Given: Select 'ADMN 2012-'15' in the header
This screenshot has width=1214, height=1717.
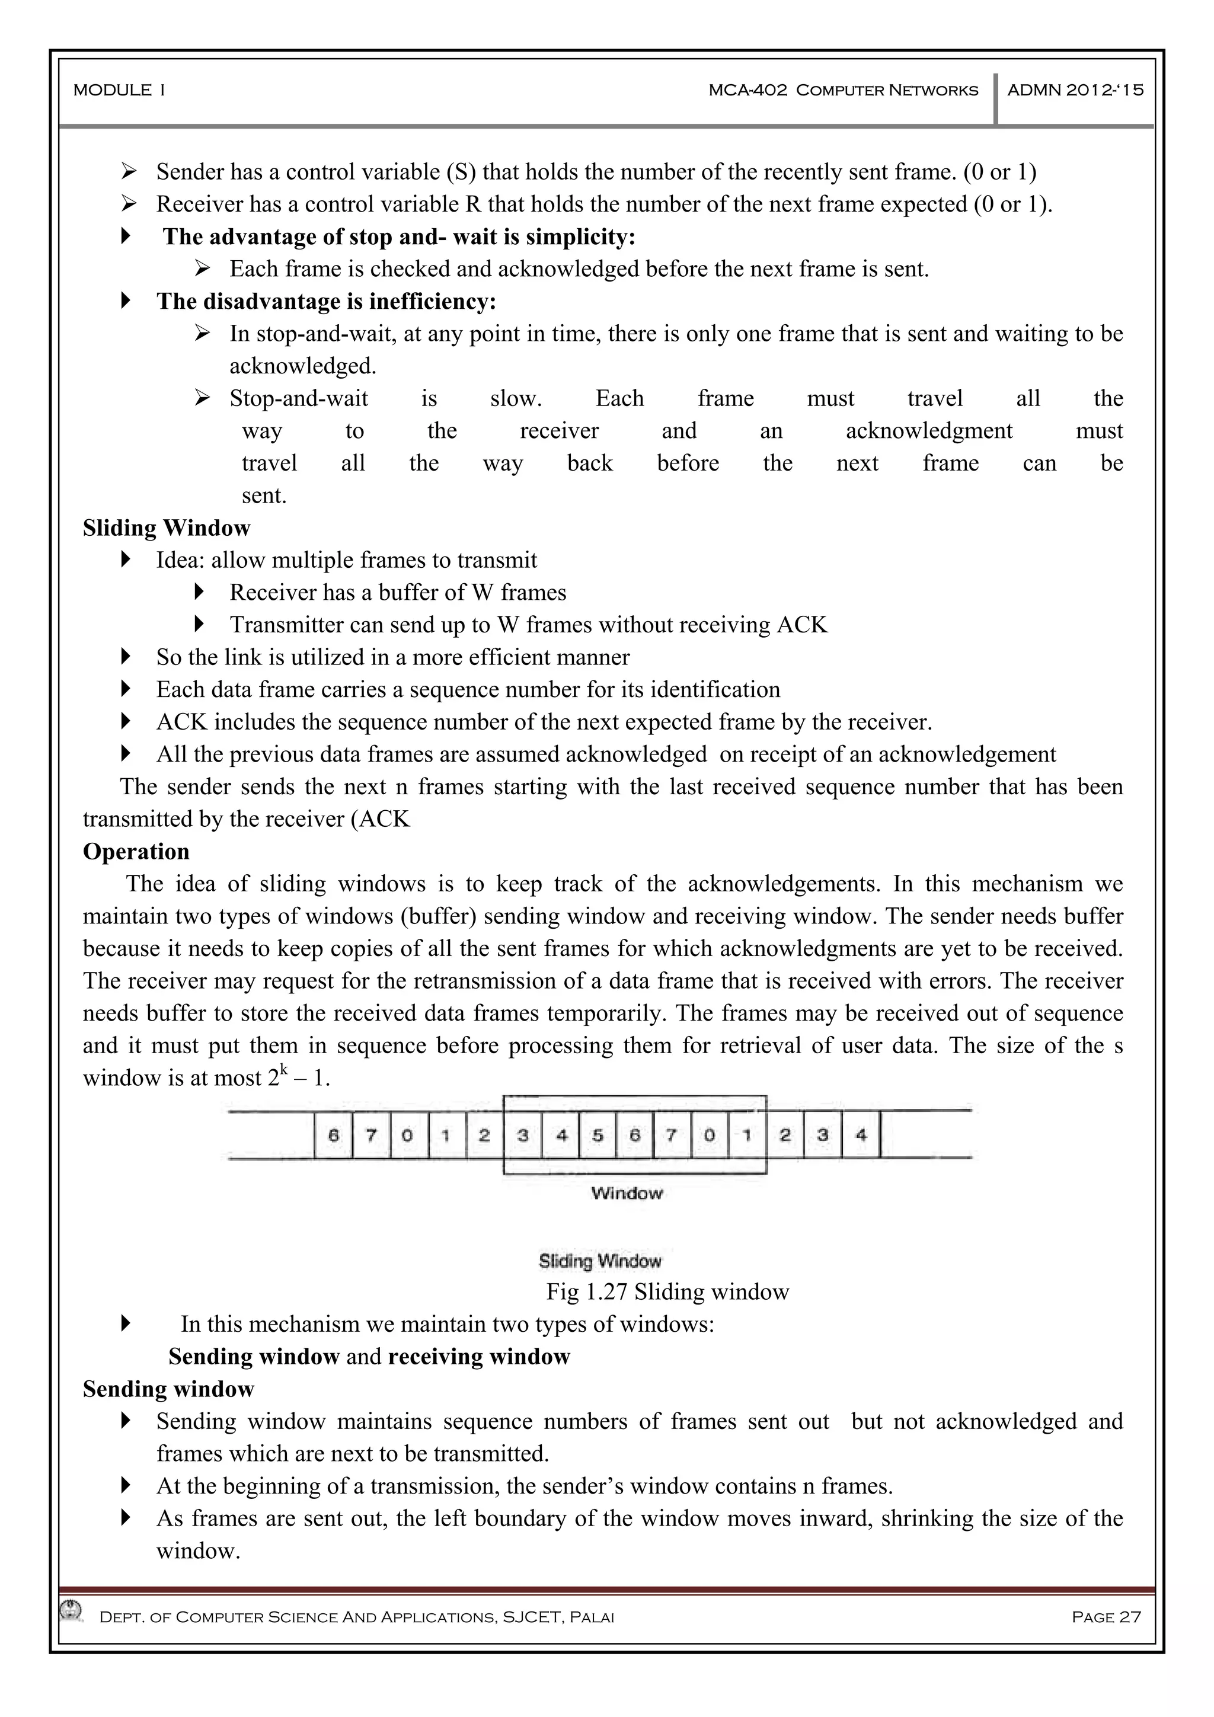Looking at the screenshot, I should click(1075, 91).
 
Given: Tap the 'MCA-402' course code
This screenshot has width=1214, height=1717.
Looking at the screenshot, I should click(747, 91).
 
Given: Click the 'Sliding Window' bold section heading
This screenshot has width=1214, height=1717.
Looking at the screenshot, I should click(166, 528).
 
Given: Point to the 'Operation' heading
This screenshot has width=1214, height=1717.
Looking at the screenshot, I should click(136, 851).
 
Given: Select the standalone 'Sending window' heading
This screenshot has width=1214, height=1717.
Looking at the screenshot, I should click(168, 1389).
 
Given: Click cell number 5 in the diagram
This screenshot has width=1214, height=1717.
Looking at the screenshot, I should click(597, 1135).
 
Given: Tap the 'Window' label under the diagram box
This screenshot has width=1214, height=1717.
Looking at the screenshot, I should click(627, 1194).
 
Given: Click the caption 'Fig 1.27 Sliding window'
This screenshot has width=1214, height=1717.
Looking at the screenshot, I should click(667, 1291).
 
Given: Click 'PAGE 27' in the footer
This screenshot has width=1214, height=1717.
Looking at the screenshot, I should click(1106, 1617).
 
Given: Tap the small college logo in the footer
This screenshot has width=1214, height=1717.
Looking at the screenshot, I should click(72, 1609).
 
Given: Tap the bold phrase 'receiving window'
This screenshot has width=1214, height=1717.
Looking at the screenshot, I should click(479, 1357).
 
